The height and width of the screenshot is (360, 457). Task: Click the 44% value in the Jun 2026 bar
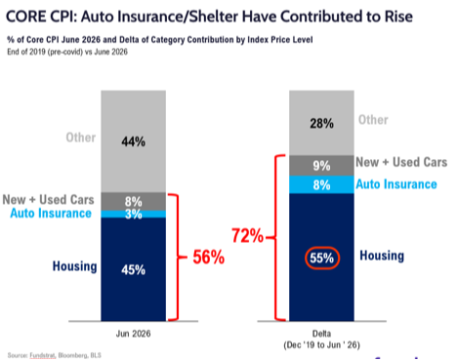(x=133, y=141)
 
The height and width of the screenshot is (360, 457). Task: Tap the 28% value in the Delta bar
(x=321, y=124)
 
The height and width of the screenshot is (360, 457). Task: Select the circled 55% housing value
(x=322, y=258)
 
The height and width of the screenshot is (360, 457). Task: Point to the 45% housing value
(x=133, y=270)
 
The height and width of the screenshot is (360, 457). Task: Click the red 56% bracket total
(x=209, y=257)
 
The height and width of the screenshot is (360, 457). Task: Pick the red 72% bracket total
(x=247, y=235)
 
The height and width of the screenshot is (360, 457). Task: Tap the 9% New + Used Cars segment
(x=321, y=166)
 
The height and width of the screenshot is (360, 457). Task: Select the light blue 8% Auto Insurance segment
(x=321, y=184)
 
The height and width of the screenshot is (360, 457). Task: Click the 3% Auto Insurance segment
(x=133, y=214)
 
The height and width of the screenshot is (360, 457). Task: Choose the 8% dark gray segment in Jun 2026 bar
(x=133, y=202)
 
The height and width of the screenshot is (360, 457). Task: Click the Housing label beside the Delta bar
(x=382, y=256)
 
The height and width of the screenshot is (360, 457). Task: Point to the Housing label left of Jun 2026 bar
(x=75, y=266)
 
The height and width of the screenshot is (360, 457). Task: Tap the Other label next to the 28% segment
(x=373, y=120)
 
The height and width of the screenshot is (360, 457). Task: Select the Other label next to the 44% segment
(x=81, y=138)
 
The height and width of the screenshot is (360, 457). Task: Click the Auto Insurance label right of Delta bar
(x=396, y=184)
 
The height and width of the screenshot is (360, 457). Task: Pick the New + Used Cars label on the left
(x=48, y=200)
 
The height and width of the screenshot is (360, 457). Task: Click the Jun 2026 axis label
(x=133, y=334)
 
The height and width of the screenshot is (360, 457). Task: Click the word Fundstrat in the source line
(x=42, y=355)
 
